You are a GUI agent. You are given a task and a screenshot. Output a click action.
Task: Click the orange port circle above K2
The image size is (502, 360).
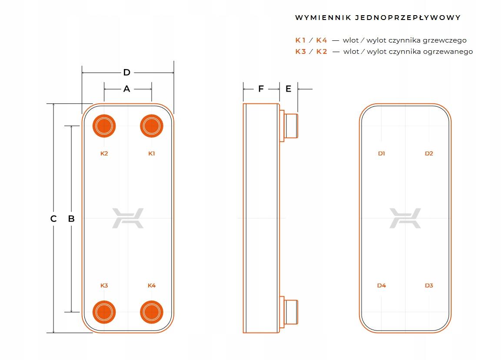point(104,126)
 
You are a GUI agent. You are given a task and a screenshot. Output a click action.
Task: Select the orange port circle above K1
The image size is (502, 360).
point(151,126)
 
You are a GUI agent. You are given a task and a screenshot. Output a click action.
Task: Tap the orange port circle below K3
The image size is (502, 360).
point(104,311)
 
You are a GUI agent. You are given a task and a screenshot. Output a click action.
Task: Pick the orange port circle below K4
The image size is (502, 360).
point(151,311)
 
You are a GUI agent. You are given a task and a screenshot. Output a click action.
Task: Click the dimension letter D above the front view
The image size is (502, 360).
point(127,73)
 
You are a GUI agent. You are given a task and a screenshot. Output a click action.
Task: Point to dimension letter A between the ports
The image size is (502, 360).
point(127,89)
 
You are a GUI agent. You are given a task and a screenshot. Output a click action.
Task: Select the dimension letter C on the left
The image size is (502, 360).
point(53,219)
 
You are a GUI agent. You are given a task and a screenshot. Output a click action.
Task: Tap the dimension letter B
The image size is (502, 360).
point(72,219)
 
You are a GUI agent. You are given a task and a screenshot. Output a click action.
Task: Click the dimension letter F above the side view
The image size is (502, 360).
point(261,89)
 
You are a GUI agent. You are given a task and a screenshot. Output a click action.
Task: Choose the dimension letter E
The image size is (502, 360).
point(288,89)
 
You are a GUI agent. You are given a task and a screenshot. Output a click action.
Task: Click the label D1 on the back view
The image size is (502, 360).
point(381,154)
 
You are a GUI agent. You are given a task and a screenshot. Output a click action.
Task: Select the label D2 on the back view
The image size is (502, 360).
point(429,154)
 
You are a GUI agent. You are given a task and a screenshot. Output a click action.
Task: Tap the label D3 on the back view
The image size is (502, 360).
point(429,286)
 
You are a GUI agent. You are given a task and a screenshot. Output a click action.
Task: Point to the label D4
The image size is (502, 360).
point(381,286)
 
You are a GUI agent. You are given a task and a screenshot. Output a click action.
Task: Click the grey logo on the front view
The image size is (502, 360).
point(128,218)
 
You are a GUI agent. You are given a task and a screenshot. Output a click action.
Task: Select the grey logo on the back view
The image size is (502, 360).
point(405,218)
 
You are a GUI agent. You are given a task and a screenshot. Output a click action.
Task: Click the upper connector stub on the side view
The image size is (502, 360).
point(291,126)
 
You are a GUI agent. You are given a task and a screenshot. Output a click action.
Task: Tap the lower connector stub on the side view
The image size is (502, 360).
point(291,311)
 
